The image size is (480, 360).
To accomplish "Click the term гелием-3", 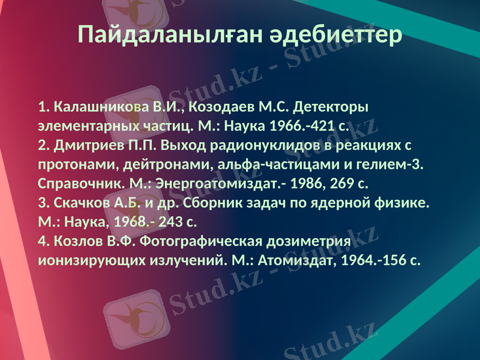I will pyautogui.click(x=394, y=165).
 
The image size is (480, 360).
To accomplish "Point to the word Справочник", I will pyautogui.click(x=80, y=184).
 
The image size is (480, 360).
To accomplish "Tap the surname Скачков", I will pyautogui.click(x=82, y=203).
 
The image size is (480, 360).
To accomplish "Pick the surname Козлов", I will pyautogui.click(x=78, y=242).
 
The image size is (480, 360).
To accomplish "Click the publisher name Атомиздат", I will pyautogui.click(x=290, y=261).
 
